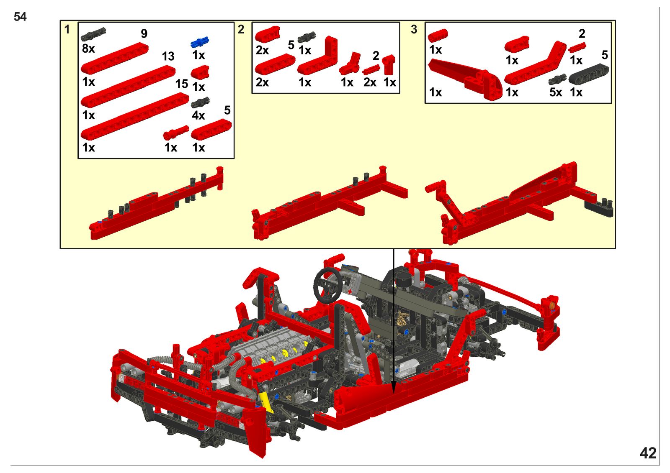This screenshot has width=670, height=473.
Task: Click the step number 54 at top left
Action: click(x=20, y=17)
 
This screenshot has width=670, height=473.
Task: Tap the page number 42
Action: click(x=648, y=453)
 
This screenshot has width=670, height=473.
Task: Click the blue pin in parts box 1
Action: click(x=200, y=42)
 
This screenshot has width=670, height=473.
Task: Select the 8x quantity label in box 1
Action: click(x=88, y=49)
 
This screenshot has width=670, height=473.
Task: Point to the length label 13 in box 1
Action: click(x=168, y=56)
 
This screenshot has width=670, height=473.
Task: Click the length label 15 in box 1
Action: click(x=182, y=84)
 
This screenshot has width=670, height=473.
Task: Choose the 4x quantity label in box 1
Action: click(x=198, y=115)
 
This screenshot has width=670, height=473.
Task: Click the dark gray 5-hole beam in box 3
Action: click(x=588, y=74)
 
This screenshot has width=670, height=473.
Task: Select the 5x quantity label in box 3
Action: click(x=556, y=92)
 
